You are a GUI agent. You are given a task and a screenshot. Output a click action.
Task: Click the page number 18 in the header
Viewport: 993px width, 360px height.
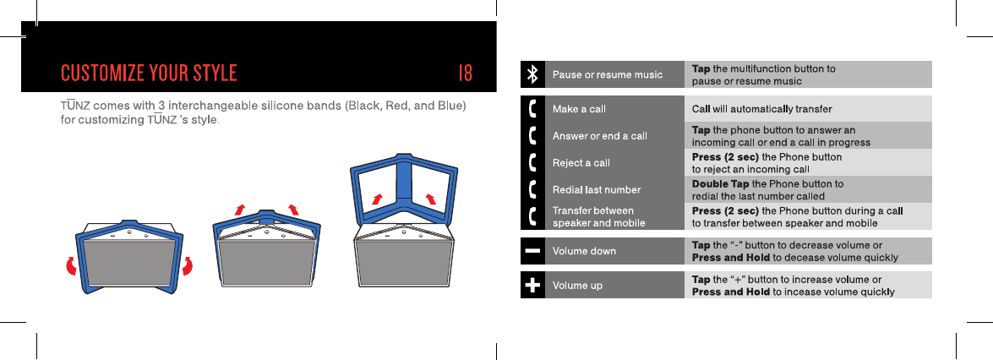pos(465,73)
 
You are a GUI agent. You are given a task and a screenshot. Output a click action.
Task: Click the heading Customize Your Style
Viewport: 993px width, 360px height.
pos(149,73)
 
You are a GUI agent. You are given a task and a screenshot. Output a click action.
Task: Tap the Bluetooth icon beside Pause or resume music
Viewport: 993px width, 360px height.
pos(532,74)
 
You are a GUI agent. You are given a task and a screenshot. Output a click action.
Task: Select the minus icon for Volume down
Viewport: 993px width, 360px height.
pos(532,251)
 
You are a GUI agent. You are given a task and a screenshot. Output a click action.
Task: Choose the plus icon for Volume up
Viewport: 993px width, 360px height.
pos(532,286)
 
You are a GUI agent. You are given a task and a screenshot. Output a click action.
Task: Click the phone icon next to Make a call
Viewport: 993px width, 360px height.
pos(532,109)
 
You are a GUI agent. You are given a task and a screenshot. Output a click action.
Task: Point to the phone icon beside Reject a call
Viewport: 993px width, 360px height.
pos(532,162)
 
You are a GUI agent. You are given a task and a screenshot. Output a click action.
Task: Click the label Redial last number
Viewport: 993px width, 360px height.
pos(596,189)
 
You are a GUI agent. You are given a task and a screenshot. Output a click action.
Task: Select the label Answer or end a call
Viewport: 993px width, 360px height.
pos(599,136)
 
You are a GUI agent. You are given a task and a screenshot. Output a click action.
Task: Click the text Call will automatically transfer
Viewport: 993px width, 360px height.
pos(762,109)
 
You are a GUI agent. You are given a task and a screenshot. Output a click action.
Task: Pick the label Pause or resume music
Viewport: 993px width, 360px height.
pos(607,75)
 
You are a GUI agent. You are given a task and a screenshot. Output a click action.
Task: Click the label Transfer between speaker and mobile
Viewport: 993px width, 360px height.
pos(598,216)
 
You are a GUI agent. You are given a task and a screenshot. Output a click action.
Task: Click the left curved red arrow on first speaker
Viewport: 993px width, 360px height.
pos(71,267)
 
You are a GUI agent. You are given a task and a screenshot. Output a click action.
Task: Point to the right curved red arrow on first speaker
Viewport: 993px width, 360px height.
pos(188,265)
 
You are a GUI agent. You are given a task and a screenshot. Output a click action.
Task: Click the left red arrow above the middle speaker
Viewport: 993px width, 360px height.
pos(240,209)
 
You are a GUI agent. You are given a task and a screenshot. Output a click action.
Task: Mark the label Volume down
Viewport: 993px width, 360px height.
pos(584,251)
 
